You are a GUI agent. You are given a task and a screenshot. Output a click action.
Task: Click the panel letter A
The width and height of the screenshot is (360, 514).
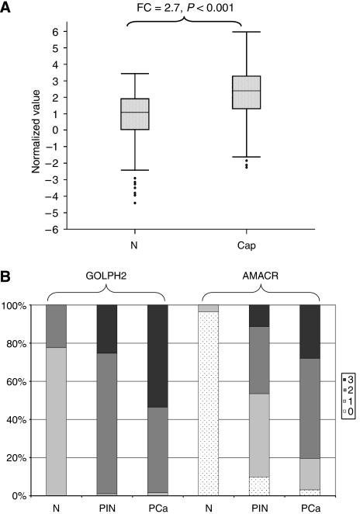click(7, 7)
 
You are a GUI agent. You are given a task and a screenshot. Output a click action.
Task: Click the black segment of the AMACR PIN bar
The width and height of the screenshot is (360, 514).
click(258, 316)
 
